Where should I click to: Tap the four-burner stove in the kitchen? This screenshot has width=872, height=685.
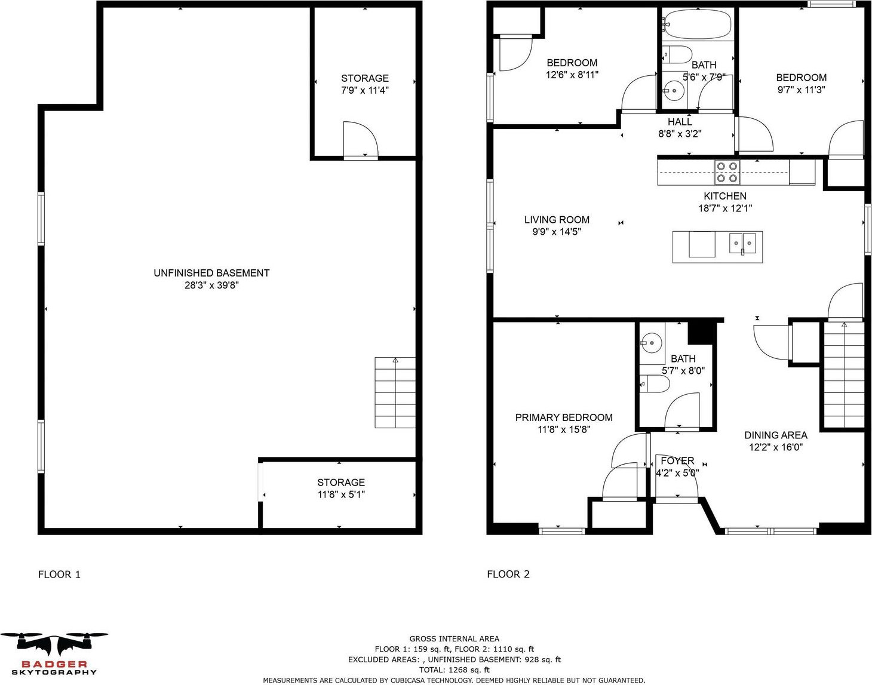(727, 172)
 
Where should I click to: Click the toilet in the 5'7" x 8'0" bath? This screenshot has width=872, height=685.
(655, 384)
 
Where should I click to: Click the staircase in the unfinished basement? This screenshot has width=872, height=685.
(395, 392)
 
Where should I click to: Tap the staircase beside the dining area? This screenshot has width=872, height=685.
(843, 374)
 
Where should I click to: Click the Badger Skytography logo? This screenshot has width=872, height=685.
(54, 653)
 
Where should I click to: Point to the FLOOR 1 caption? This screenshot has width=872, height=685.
(59, 575)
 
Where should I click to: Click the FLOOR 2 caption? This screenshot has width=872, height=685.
(508, 575)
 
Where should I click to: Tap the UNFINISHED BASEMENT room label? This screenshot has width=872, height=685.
(211, 273)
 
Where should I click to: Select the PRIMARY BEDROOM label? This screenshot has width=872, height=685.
(564, 417)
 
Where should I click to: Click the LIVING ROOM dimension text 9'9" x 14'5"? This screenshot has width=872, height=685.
(557, 232)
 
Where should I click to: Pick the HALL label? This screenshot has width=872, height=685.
(680, 121)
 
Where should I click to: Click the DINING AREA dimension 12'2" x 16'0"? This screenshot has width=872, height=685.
(776, 447)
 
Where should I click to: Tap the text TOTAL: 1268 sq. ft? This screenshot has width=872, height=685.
(455, 669)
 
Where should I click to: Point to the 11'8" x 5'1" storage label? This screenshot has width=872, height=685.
(341, 494)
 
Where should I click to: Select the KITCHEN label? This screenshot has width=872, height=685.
(725, 196)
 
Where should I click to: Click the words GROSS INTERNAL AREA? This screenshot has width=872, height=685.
(455, 638)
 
